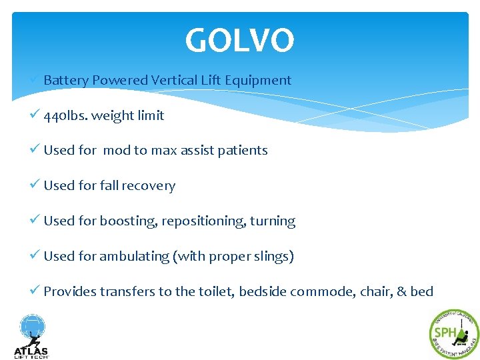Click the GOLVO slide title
239,41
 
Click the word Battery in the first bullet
65,80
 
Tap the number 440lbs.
65,115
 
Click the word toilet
215,291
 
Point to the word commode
321,291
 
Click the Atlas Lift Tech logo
31,337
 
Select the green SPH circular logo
454,334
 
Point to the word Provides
70,291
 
